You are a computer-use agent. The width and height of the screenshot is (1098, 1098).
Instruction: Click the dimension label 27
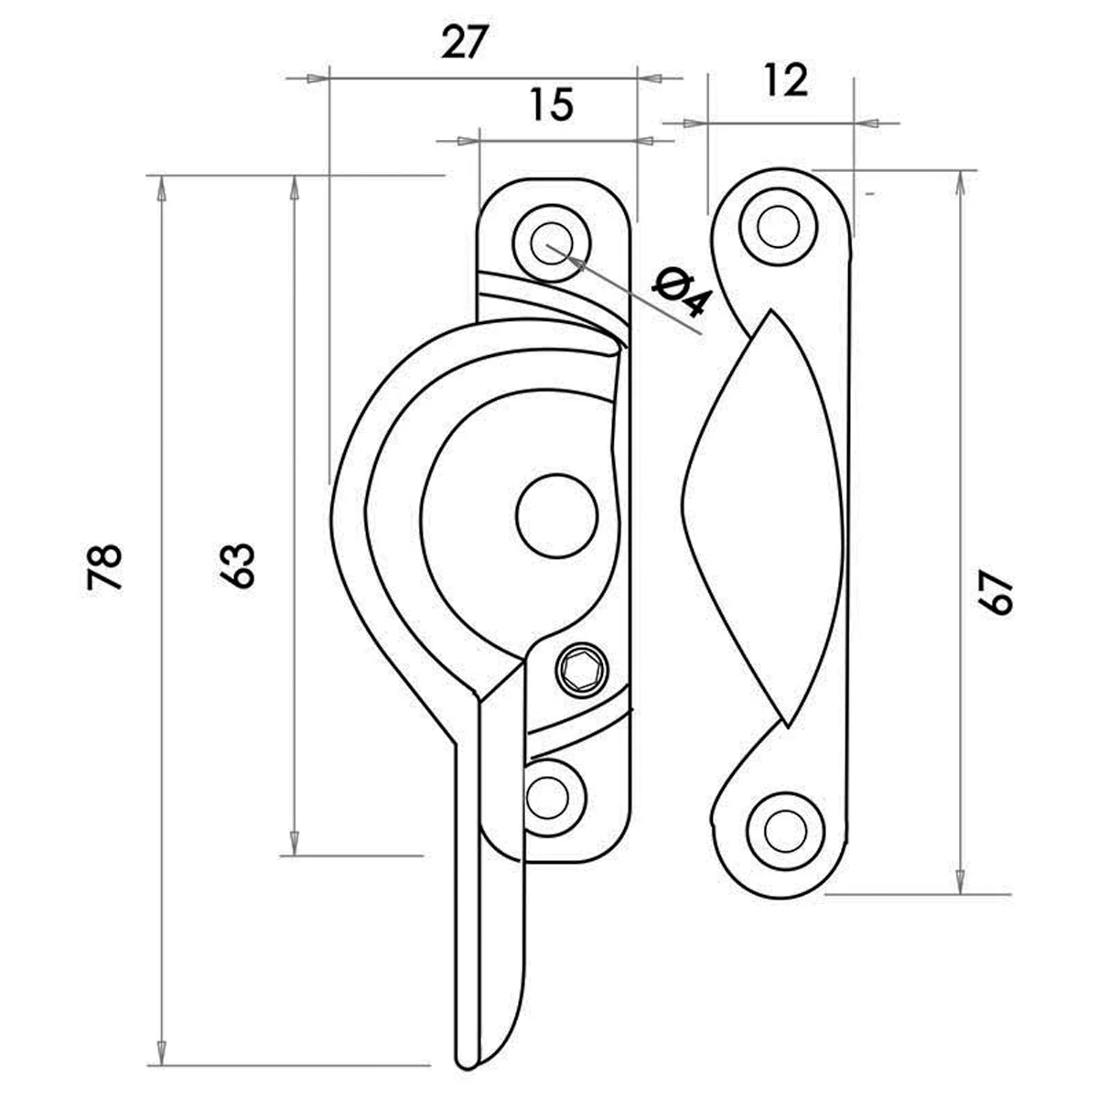tap(465, 41)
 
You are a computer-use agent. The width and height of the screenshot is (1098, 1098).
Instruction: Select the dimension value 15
tap(552, 104)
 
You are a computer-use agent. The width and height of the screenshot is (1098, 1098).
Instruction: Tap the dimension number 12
tap(786, 80)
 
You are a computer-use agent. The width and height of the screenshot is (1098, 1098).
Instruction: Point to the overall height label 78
tap(104, 567)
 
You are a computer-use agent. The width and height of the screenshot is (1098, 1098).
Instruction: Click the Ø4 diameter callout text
tap(683, 294)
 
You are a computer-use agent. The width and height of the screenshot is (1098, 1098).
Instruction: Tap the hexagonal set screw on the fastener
tap(582, 670)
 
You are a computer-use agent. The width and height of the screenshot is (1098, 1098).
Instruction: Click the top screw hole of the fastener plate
tap(551, 244)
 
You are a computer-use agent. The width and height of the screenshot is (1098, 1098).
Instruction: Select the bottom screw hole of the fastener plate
tap(548, 797)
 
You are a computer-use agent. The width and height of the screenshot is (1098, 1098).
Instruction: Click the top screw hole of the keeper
tap(779, 226)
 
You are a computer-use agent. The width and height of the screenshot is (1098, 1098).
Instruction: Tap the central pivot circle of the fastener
tap(556, 516)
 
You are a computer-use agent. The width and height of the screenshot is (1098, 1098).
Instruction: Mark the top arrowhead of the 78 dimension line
tap(162, 188)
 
